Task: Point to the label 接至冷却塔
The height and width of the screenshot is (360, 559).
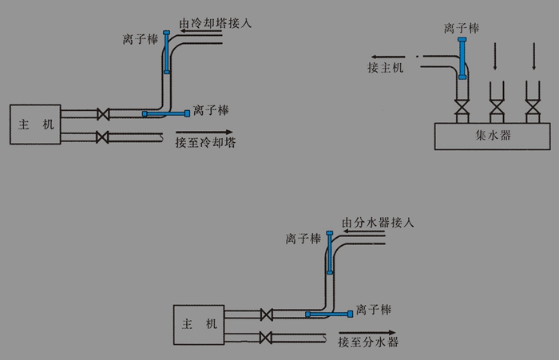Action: tap(205, 143)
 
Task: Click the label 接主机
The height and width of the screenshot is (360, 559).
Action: tap(386, 67)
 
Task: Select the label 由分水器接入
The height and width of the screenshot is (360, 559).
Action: tap(378, 222)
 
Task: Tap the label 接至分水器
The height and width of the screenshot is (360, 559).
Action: tap(367, 342)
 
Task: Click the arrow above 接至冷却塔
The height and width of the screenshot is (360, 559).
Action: tap(204, 132)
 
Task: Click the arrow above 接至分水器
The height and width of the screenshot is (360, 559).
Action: tap(367, 331)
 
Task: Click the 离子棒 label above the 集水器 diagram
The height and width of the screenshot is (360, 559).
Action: tap(462, 29)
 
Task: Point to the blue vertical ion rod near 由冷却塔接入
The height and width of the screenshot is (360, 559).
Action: tap(167, 52)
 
